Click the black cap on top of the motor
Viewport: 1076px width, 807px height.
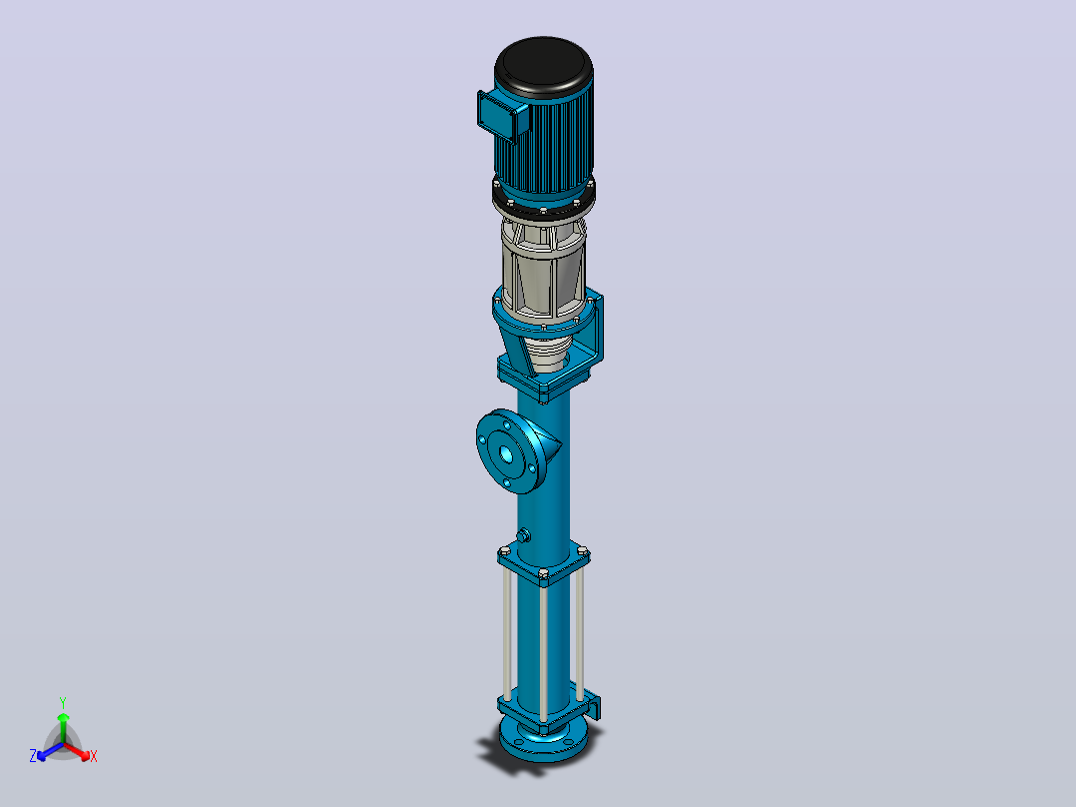[543, 64]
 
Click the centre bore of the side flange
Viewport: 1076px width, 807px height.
[506, 453]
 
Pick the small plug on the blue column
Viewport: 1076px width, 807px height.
[524, 535]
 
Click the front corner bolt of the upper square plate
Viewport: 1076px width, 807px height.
[543, 573]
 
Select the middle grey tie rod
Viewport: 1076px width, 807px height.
[543, 652]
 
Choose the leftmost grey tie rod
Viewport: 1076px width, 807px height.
[506, 631]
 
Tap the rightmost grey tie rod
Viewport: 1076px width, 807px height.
[580, 631]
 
